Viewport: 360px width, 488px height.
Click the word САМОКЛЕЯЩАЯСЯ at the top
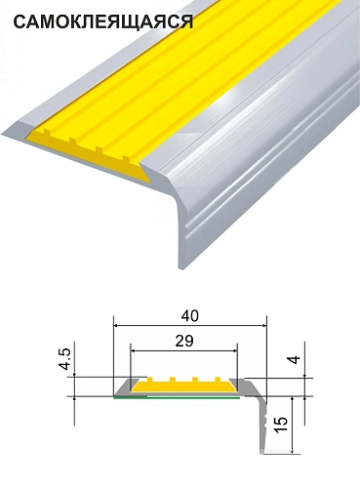(103, 22)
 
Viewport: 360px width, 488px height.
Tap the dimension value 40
(190, 316)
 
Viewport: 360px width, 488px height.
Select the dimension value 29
(184, 341)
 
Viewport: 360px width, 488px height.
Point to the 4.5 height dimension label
(65, 359)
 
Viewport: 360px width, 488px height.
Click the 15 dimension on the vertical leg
(281, 426)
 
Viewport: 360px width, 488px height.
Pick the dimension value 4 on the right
(294, 360)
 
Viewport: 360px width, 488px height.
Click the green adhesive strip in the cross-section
(177, 397)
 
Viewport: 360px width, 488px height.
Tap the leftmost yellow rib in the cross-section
(150, 380)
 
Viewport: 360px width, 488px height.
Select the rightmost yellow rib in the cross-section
(218, 380)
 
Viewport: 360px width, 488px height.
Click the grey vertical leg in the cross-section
(263, 427)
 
